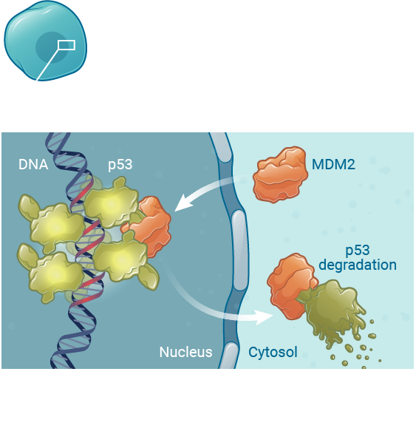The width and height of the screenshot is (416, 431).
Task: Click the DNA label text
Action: coord(33,165)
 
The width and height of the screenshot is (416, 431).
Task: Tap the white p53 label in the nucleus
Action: coord(120,165)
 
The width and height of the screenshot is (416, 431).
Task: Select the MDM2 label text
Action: coord(333,164)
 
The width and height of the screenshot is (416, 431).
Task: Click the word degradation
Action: coord(358,265)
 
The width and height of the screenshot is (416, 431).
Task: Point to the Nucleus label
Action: coord(185,352)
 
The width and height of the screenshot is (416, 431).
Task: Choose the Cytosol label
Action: coord(273,352)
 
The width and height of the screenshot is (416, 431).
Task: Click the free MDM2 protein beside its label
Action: coord(280,174)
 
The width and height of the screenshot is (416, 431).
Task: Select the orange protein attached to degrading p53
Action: coord(291,286)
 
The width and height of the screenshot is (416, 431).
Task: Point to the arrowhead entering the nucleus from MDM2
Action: coord(183,203)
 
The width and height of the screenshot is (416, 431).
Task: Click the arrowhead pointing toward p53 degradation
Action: coord(265,317)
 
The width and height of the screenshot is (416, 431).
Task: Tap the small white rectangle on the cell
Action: coord(67,45)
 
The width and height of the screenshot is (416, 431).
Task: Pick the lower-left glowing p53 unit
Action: coord(54,273)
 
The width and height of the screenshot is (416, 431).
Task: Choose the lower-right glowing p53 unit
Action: coord(122,259)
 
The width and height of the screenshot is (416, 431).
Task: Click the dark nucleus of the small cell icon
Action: coord(51,47)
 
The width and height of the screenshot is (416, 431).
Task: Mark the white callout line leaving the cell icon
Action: coord(48,65)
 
